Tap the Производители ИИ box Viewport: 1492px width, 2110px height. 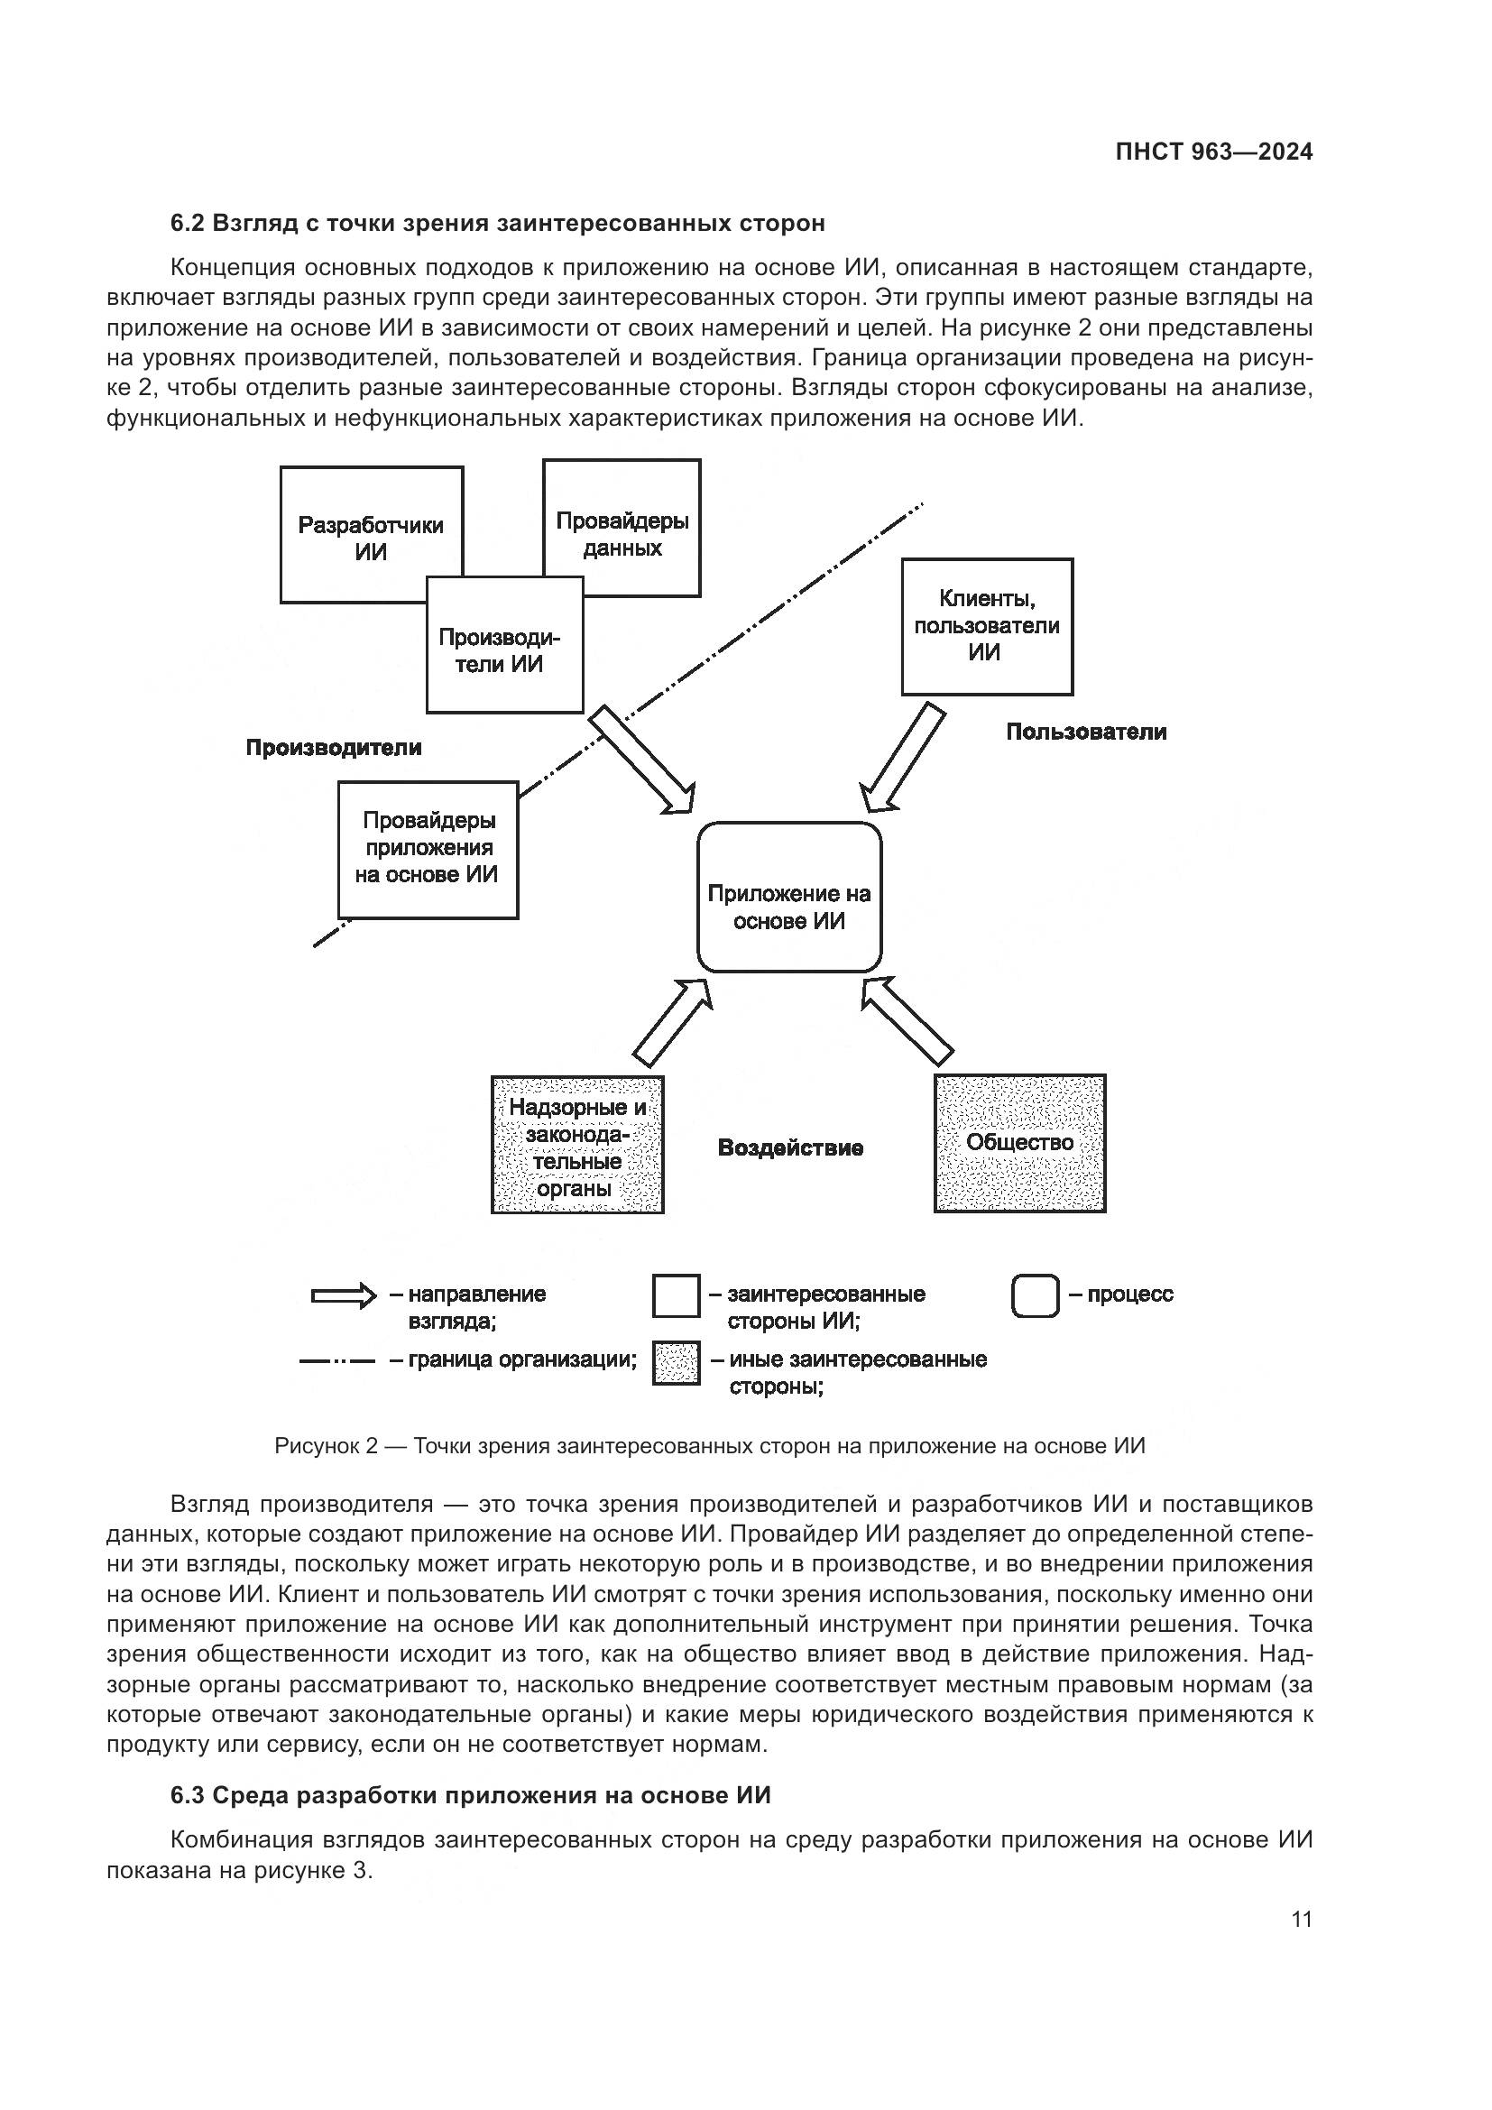[x=504, y=650]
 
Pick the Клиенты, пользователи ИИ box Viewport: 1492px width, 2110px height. [x=987, y=626]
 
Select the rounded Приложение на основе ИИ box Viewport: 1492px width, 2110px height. [x=789, y=906]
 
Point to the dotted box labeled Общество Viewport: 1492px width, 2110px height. [x=1020, y=1142]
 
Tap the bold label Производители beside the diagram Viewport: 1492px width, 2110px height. [x=334, y=747]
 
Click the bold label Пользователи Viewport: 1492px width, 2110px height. [x=1086, y=732]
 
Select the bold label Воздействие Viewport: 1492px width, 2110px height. [x=790, y=1147]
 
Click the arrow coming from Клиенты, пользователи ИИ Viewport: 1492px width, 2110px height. [x=902, y=759]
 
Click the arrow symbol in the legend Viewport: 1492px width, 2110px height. [x=344, y=1295]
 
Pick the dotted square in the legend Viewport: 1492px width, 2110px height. [x=676, y=1363]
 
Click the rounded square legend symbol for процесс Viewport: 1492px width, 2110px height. [x=1036, y=1295]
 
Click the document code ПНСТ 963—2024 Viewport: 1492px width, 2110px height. [x=1213, y=152]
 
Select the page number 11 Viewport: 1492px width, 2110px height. [x=1301, y=1919]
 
